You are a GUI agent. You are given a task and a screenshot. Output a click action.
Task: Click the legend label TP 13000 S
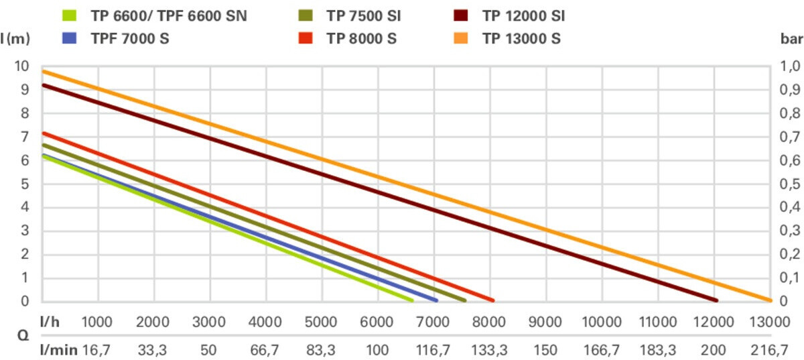[521, 38]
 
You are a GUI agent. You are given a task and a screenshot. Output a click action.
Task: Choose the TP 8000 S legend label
[361, 38]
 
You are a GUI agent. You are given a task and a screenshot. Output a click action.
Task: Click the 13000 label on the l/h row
[768, 322]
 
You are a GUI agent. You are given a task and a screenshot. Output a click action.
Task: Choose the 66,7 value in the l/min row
[266, 349]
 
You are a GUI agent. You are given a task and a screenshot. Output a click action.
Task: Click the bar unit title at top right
[792, 39]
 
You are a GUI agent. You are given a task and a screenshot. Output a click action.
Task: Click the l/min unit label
[60, 349]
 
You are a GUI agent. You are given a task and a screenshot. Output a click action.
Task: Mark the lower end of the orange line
[768, 300]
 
